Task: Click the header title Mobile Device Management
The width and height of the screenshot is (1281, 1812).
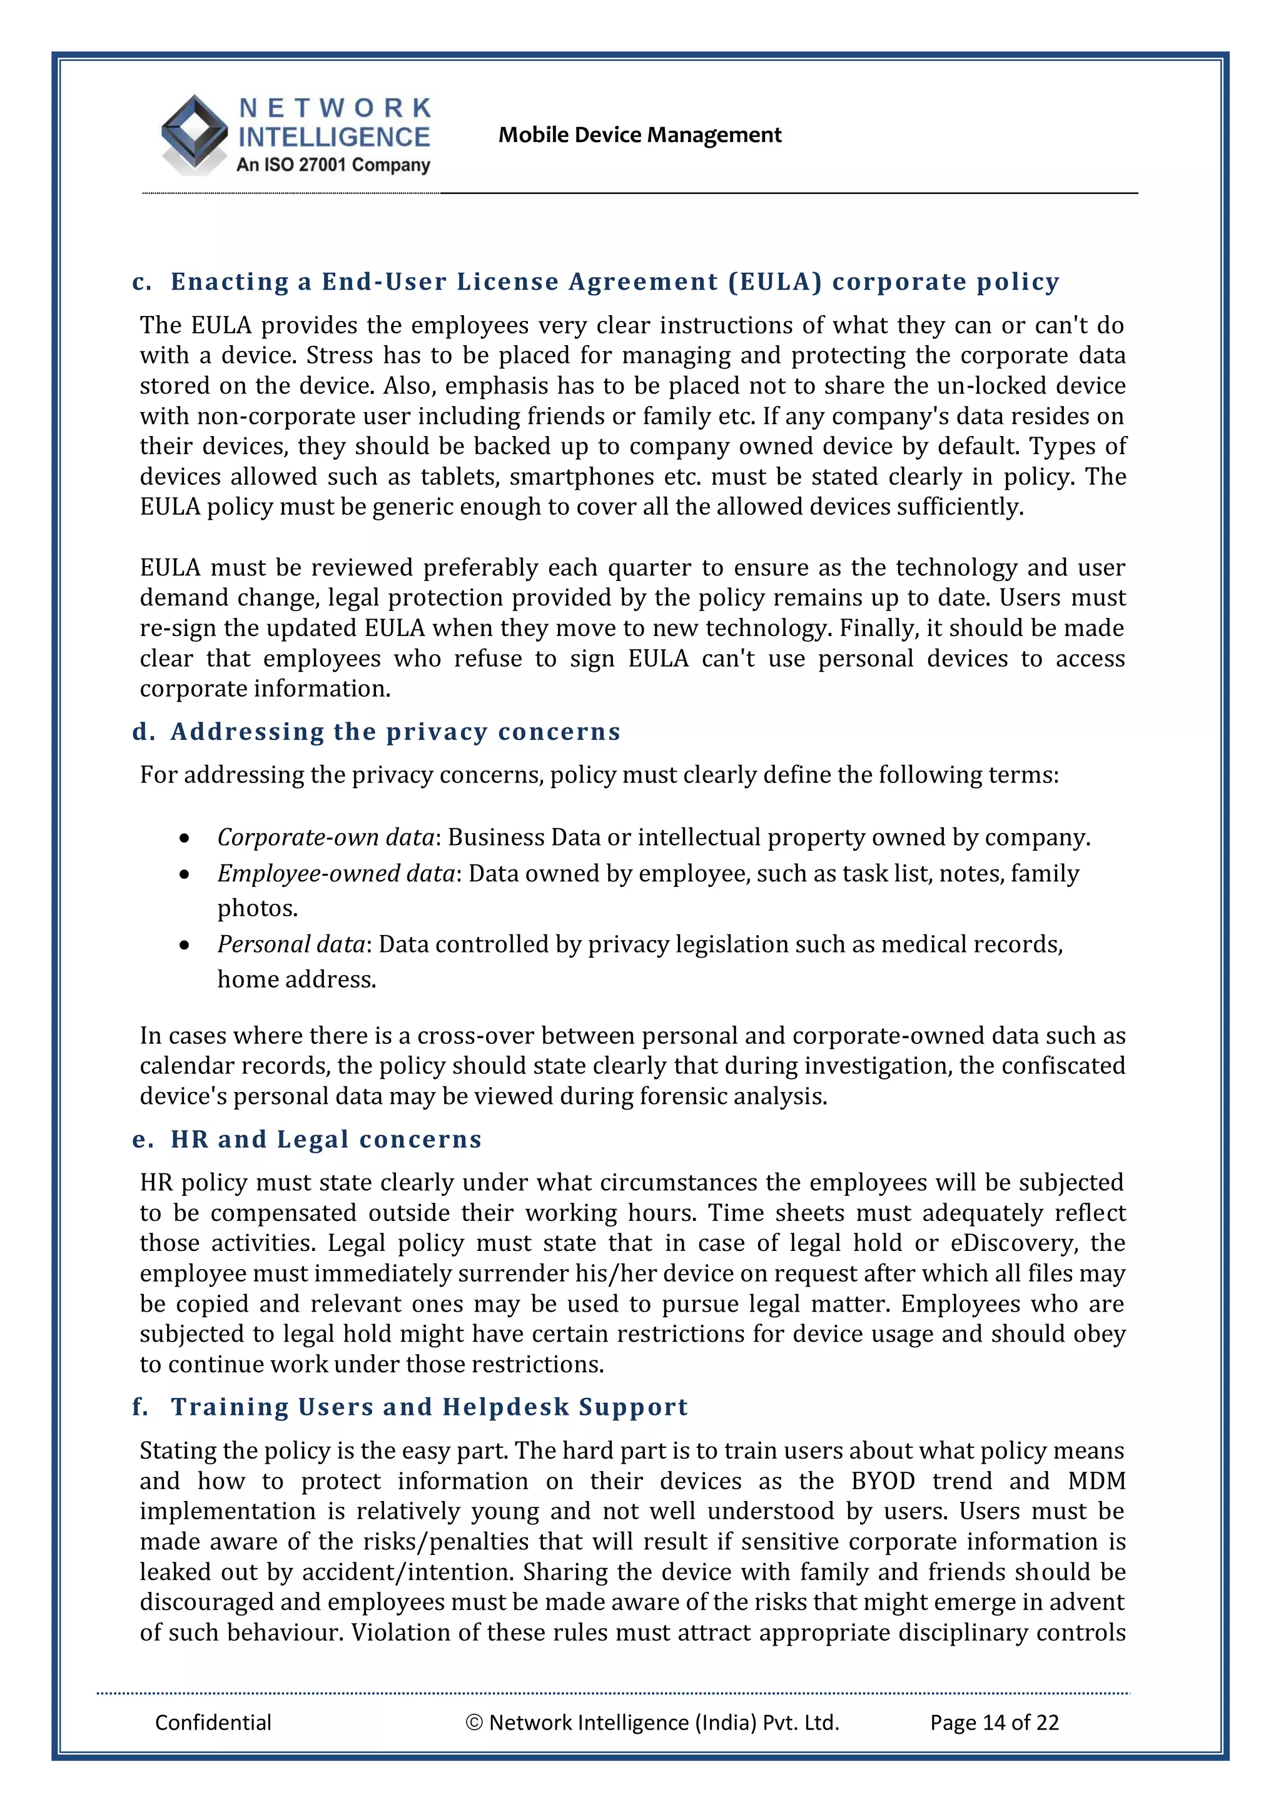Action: pos(639,135)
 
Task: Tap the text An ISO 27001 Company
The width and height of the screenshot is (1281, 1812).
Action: pos(333,165)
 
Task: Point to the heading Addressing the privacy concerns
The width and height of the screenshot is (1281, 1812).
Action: pos(395,732)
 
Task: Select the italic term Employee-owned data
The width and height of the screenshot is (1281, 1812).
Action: pos(337,873)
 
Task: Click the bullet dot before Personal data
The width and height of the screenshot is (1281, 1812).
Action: pos(184,944)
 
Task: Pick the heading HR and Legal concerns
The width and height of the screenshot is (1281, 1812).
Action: pos(326,1139)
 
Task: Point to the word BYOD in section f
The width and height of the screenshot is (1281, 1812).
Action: pos(883,1480)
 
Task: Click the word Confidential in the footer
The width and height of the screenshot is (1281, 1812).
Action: pos(213,1722)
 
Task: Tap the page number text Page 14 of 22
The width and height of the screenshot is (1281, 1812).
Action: pos(994,1722)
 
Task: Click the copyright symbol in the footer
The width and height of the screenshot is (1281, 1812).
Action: pos(473,1723)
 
